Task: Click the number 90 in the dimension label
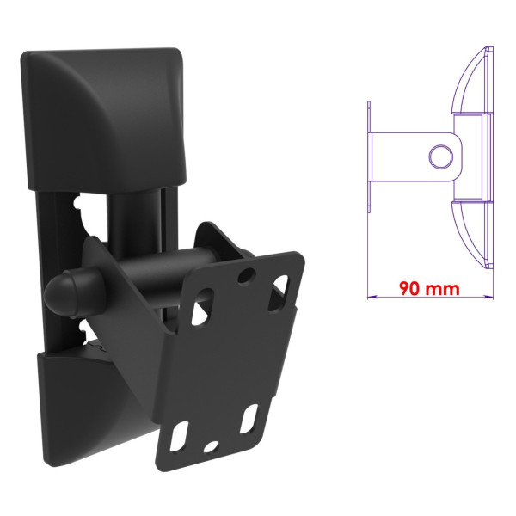coord(409,288)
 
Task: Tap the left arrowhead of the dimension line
coord(372,297)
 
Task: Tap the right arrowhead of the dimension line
coord(489,297)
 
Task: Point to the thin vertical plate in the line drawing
coord(369,157)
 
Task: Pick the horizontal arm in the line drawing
coord(415,157)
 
